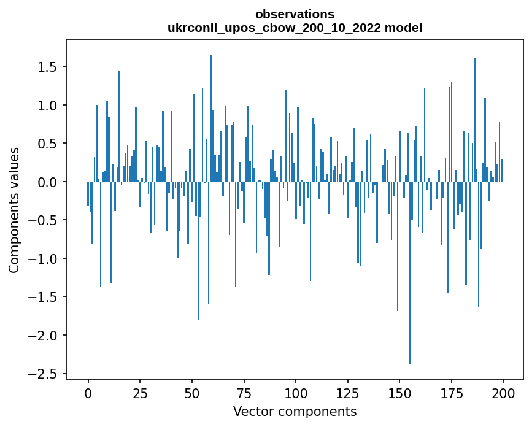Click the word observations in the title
click(295, 14)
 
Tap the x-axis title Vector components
click(295, 411)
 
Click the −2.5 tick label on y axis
click(44, 374)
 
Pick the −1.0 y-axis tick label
click(44, 258)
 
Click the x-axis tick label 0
click(88, 393)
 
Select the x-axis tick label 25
click(140, 393)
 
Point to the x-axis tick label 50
click(191, 393)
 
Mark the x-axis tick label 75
click(244, 393)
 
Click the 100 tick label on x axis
click(296, 393)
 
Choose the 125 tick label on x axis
click(347, 393)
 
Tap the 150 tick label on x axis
click(399, 393)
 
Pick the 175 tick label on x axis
click(452, 393)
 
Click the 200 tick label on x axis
click(503, 393)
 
